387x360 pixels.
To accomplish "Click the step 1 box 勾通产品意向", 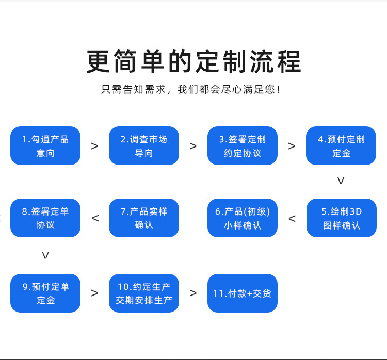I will [45, 146].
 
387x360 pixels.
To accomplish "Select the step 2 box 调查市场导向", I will [144, 146].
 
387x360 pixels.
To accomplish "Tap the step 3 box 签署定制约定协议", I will [243, 146].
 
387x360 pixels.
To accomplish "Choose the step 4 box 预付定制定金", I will [341, 146].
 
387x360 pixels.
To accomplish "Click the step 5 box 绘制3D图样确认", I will [342, 218].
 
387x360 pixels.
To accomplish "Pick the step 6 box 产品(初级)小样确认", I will [243, 218].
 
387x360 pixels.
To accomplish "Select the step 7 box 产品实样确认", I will [144, 218].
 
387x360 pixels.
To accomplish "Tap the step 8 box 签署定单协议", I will [45, 218].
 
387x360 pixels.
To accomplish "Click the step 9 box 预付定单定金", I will [45, 293].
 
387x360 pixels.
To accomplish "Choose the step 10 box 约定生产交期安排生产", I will [144, 293].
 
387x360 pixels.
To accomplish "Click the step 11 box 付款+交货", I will [243, 293].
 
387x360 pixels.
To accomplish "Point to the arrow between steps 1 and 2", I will [94, 146].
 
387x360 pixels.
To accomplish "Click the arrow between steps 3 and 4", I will [292, 146].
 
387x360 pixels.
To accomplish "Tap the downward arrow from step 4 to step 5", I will [341, 181].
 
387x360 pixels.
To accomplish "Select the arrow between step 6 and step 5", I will [292, 219].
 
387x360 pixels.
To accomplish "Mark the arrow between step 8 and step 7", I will [95, 218].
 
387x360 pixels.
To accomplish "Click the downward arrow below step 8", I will [45, 256].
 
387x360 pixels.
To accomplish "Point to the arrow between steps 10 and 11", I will [193, 293].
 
